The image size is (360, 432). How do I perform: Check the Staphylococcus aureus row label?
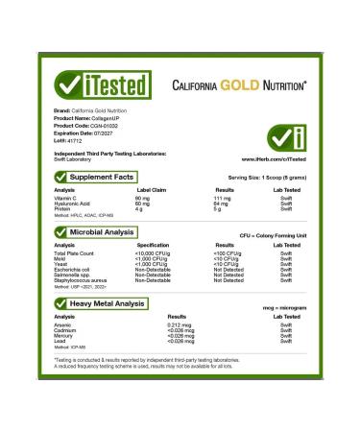80,282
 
